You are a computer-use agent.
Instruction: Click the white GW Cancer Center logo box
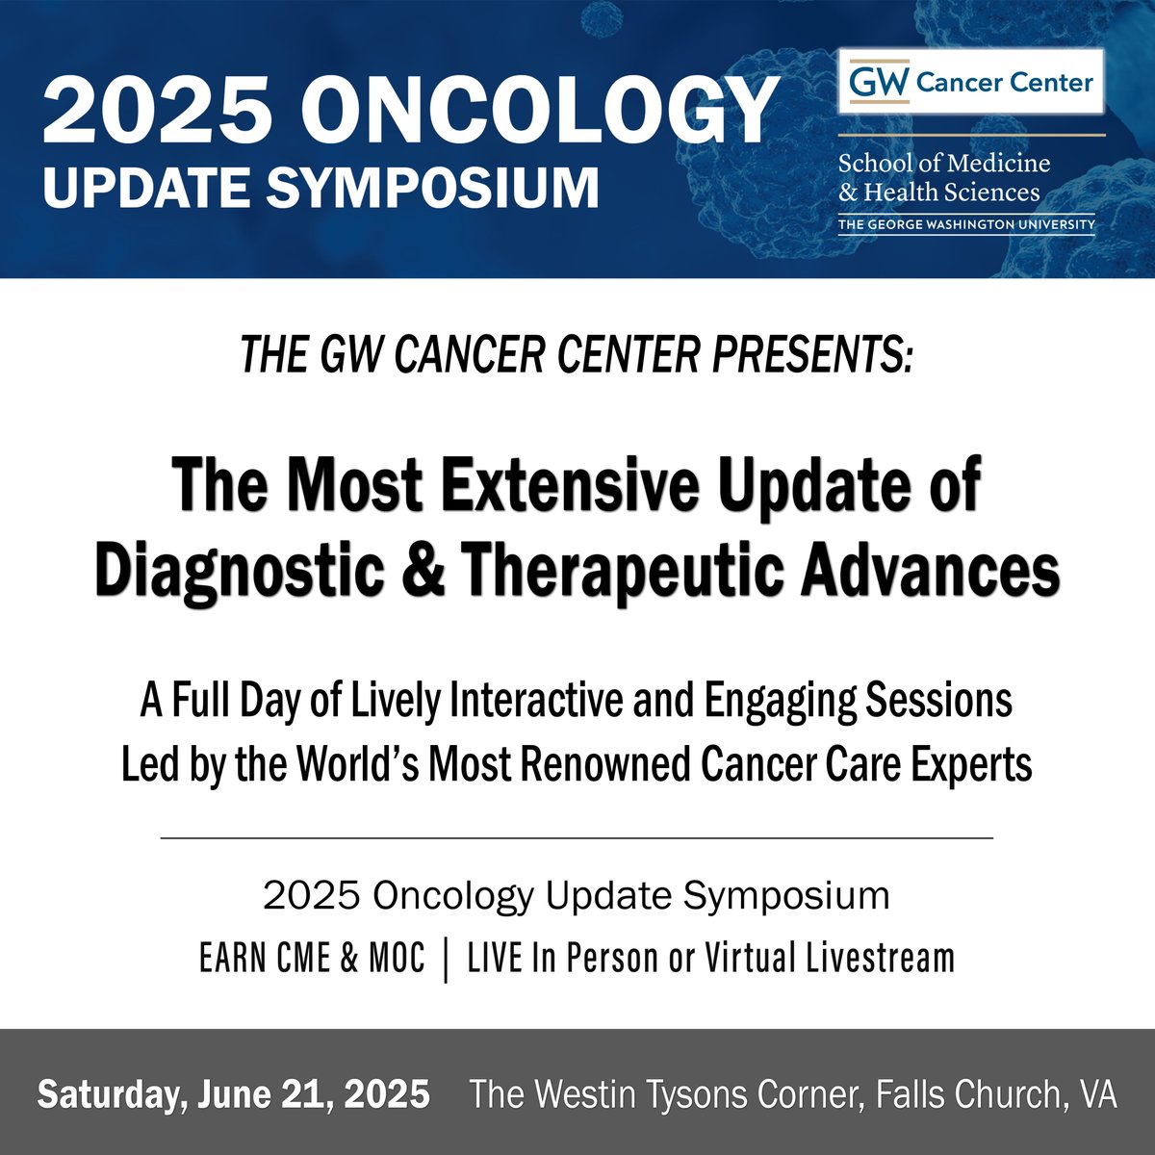pyautogui.click(x=971, y=82)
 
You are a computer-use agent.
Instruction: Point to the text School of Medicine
pyautogui.click(x=943, y=163)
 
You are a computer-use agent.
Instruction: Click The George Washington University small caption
pyautogui.click(x=966, y=224)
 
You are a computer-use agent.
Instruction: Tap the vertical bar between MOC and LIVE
pyautogui.click(x=446, y=959)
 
